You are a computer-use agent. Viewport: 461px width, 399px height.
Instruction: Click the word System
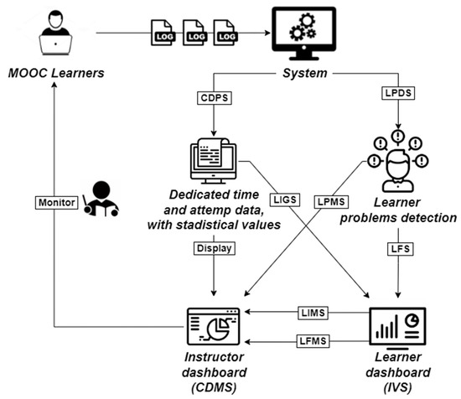tap(300, 75)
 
